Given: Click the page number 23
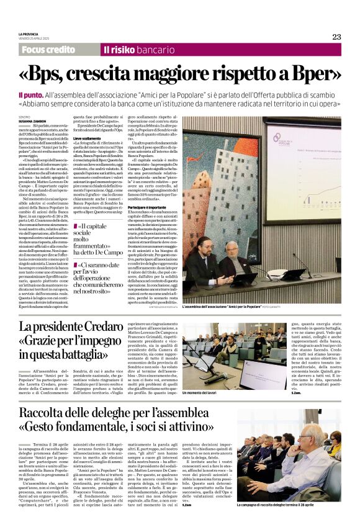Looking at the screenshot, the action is (336, 37).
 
